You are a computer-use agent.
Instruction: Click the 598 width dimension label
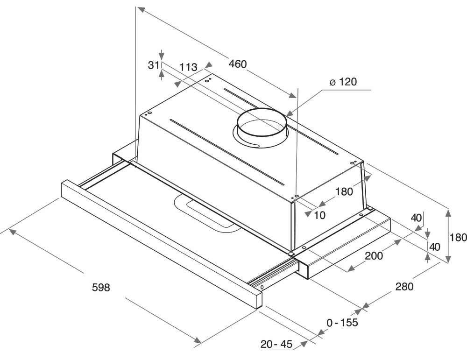101,287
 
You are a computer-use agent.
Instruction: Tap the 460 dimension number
238,64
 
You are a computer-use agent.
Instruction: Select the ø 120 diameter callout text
343,82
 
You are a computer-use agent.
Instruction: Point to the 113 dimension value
189,67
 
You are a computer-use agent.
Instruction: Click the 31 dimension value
154,65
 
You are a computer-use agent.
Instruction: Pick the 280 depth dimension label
404,286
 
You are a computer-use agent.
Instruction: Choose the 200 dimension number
374,255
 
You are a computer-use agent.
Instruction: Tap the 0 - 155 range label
342,323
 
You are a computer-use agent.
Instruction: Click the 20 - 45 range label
276,344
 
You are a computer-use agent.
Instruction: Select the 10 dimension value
320,215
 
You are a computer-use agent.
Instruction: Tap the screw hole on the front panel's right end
262,288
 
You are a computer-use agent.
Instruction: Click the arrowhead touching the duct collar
289,113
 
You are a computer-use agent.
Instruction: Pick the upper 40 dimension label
416,218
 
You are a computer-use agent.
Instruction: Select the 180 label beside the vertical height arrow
458,237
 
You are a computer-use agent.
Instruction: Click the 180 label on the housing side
344,191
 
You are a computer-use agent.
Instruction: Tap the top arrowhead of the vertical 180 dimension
448,213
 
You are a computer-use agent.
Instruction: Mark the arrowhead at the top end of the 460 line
141,9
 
